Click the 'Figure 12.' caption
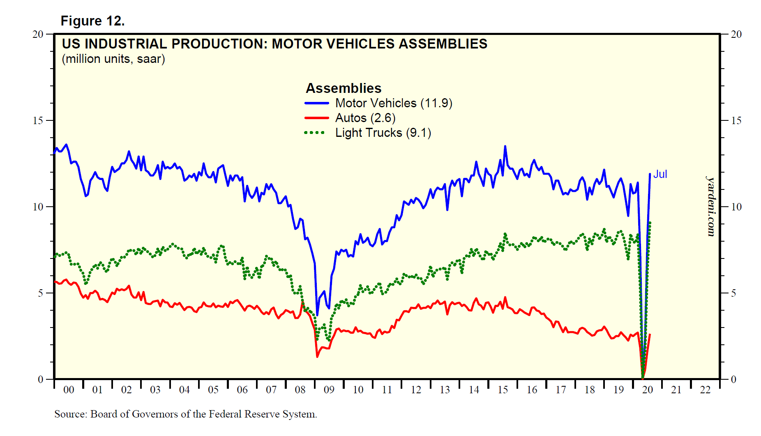click(x=92, y=21)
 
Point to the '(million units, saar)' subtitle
click(x=113, y=59)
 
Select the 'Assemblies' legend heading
click(x=344, y=88)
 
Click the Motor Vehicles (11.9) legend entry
click(x=393, y=103)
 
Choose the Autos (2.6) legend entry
click(x=365, y=118)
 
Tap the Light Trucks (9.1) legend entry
click(x=383, y=133)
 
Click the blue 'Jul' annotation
click(x=660, y=174)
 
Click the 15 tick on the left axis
click(x=38, y=120)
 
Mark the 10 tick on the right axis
click(x=736, y=207)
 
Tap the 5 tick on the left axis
click(x=40, y=293)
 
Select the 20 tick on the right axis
click(x=736, y=34)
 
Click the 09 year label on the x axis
click(x=329, y=390)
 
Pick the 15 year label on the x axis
click(x=503, y=390)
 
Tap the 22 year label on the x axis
click(x=705, y=390)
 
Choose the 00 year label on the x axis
click(x=69, y=390)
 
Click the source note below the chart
click(x=185, y=414)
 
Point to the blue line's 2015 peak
click(x=505, y=146)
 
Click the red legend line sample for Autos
click(x=316, y=118)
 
